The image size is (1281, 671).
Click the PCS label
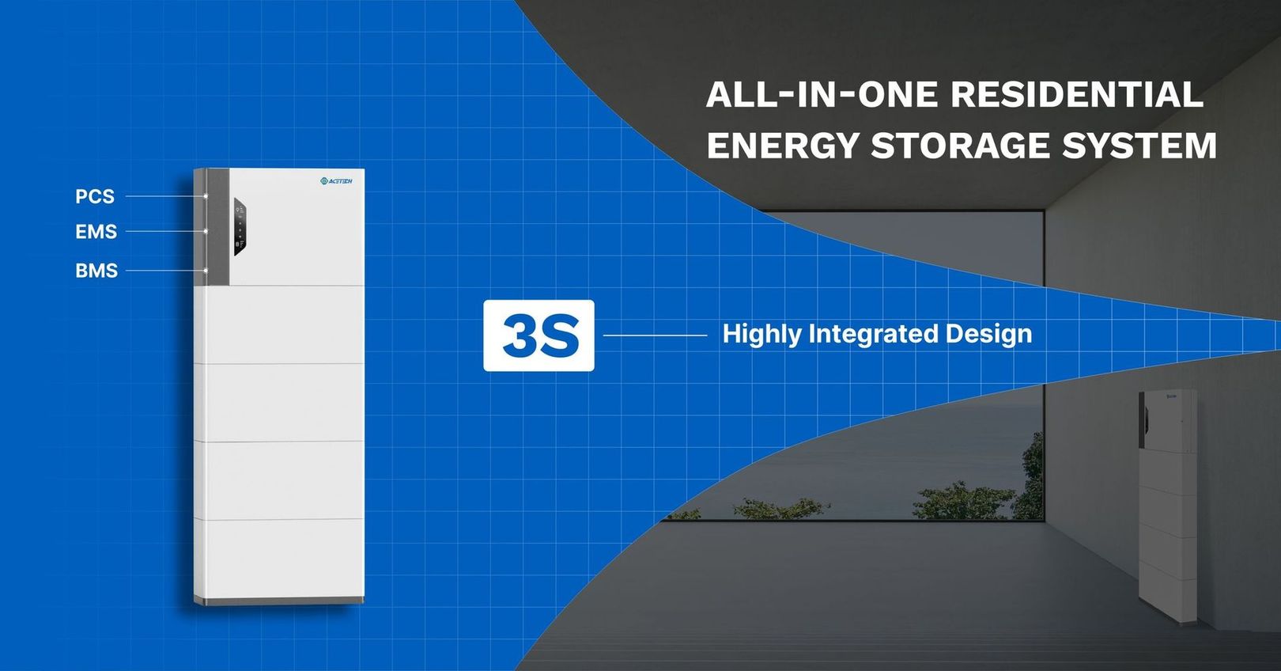click(x=95, y=196)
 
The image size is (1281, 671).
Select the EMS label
click(x=96, y=232)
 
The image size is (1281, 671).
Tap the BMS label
click(x=96, y=271)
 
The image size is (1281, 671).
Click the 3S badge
click(x=538, y=335)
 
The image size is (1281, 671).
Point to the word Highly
click(x=761, y=335)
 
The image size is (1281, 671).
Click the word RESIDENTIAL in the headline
click(x=1076, y=95)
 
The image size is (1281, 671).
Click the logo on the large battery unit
click(x=336, y=182)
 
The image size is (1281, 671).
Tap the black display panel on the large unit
click(x=240, y=229)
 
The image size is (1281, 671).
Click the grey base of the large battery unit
click(x=279, y=601)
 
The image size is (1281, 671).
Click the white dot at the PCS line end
click(x=206, y=196)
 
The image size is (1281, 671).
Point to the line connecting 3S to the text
click(x=655, y=335)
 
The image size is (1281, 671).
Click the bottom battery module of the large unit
click(x=279, y=557)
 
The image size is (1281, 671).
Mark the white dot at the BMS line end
click(x=206, y=271)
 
